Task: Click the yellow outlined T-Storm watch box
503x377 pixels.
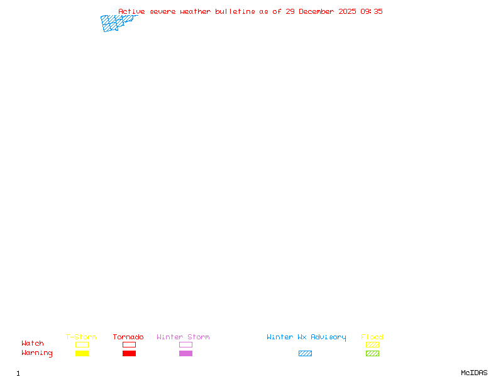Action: pyautogui.click(x=82, y=344)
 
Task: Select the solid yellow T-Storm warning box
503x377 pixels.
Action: pyautogui.click(x=82, y=353)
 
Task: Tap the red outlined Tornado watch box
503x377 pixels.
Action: pyautogui.click(x=129, y=344)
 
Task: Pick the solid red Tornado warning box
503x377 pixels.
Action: pyautogui.click(x=129, y=353)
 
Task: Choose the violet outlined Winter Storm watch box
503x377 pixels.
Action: pyautogui.click(x=185, y=344)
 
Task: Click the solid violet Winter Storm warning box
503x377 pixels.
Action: pyautogui.click(x=185, y=353)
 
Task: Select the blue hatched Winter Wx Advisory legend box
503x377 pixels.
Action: pyautogui.click(x=305, y=353)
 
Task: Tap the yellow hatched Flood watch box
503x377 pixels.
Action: pyautogui.click(x=372, y=344)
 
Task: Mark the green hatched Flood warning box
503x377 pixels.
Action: pyautogui.click(x=372, y=353)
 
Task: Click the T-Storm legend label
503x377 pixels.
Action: pyautogui.click(x=81, y=337)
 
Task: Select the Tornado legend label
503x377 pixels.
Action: pyautogui.click(x=128, y=337)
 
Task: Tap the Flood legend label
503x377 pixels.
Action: pyautogui.click(x=372, y=337)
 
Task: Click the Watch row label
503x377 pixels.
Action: pyautogui.click(x=33, y=344)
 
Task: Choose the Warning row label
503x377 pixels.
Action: pyautogui.click(x=37, y=353)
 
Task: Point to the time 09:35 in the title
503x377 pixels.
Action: pyautogui.click(x=372, y=11)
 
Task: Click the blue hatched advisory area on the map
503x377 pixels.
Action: pyautogui.click(x=113, y=23)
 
